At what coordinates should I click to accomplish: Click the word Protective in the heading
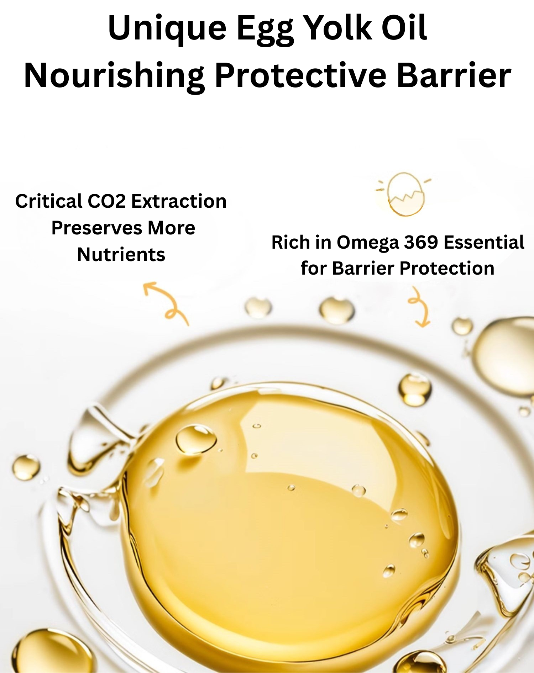[x=301, y=75]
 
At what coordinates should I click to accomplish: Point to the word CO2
[x=106, y=201]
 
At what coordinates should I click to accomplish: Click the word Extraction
[x=179, y=201]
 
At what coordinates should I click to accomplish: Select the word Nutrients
[x=121, y=255]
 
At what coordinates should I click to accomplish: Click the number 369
[x=421, y=242]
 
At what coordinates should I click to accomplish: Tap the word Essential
[x=484, y=242]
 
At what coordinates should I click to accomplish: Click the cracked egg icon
[x=404, y=194]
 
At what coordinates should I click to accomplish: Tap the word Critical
[x=48, y=201]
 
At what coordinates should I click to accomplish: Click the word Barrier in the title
[x=454, y=75]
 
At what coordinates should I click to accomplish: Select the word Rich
[x=290, y=242]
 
